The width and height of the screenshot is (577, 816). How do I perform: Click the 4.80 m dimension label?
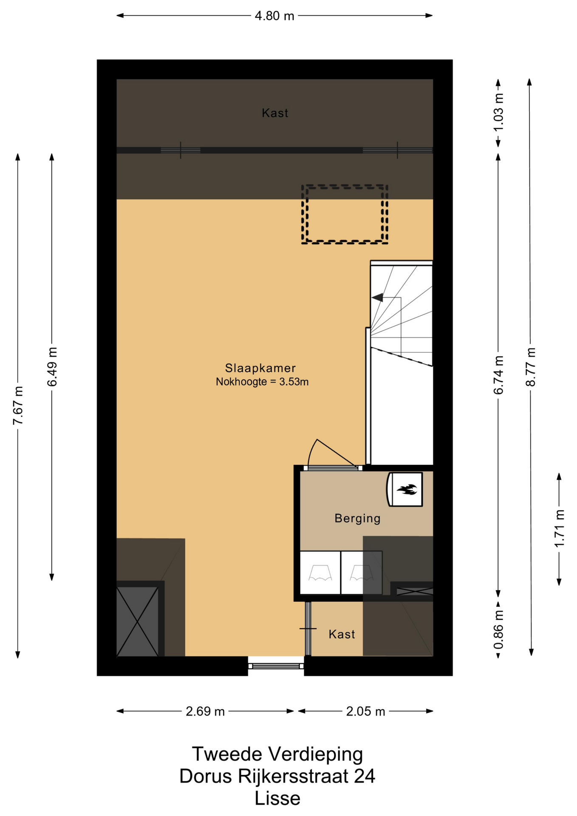point(274,16)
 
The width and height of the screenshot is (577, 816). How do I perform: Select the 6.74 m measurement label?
point(498,375)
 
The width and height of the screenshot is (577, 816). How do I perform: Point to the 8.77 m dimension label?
point(531,367)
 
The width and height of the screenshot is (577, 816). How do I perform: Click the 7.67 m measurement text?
point(18,405)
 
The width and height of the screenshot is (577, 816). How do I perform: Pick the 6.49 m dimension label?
point(52,367)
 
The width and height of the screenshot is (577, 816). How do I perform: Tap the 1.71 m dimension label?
point(560,528)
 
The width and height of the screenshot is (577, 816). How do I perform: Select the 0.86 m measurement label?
point(498,629)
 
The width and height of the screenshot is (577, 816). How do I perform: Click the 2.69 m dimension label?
point(205,711)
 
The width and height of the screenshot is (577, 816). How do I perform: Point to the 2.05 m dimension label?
point(365,711)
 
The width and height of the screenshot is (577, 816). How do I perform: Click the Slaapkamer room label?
point(260,368)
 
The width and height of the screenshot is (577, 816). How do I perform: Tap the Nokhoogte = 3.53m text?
point(262,382)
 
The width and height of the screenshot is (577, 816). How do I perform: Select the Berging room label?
point(357,518)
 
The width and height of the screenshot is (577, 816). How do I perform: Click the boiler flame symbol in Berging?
point(407,490)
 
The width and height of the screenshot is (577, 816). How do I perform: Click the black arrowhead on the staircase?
point(377,297)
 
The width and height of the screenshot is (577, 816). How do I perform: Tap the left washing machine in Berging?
point(320,572)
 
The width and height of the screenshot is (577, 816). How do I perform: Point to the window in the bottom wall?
point(276,666)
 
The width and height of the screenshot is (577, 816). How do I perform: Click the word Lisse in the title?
point(277,799)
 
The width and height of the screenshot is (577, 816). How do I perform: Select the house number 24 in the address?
point(365,776)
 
